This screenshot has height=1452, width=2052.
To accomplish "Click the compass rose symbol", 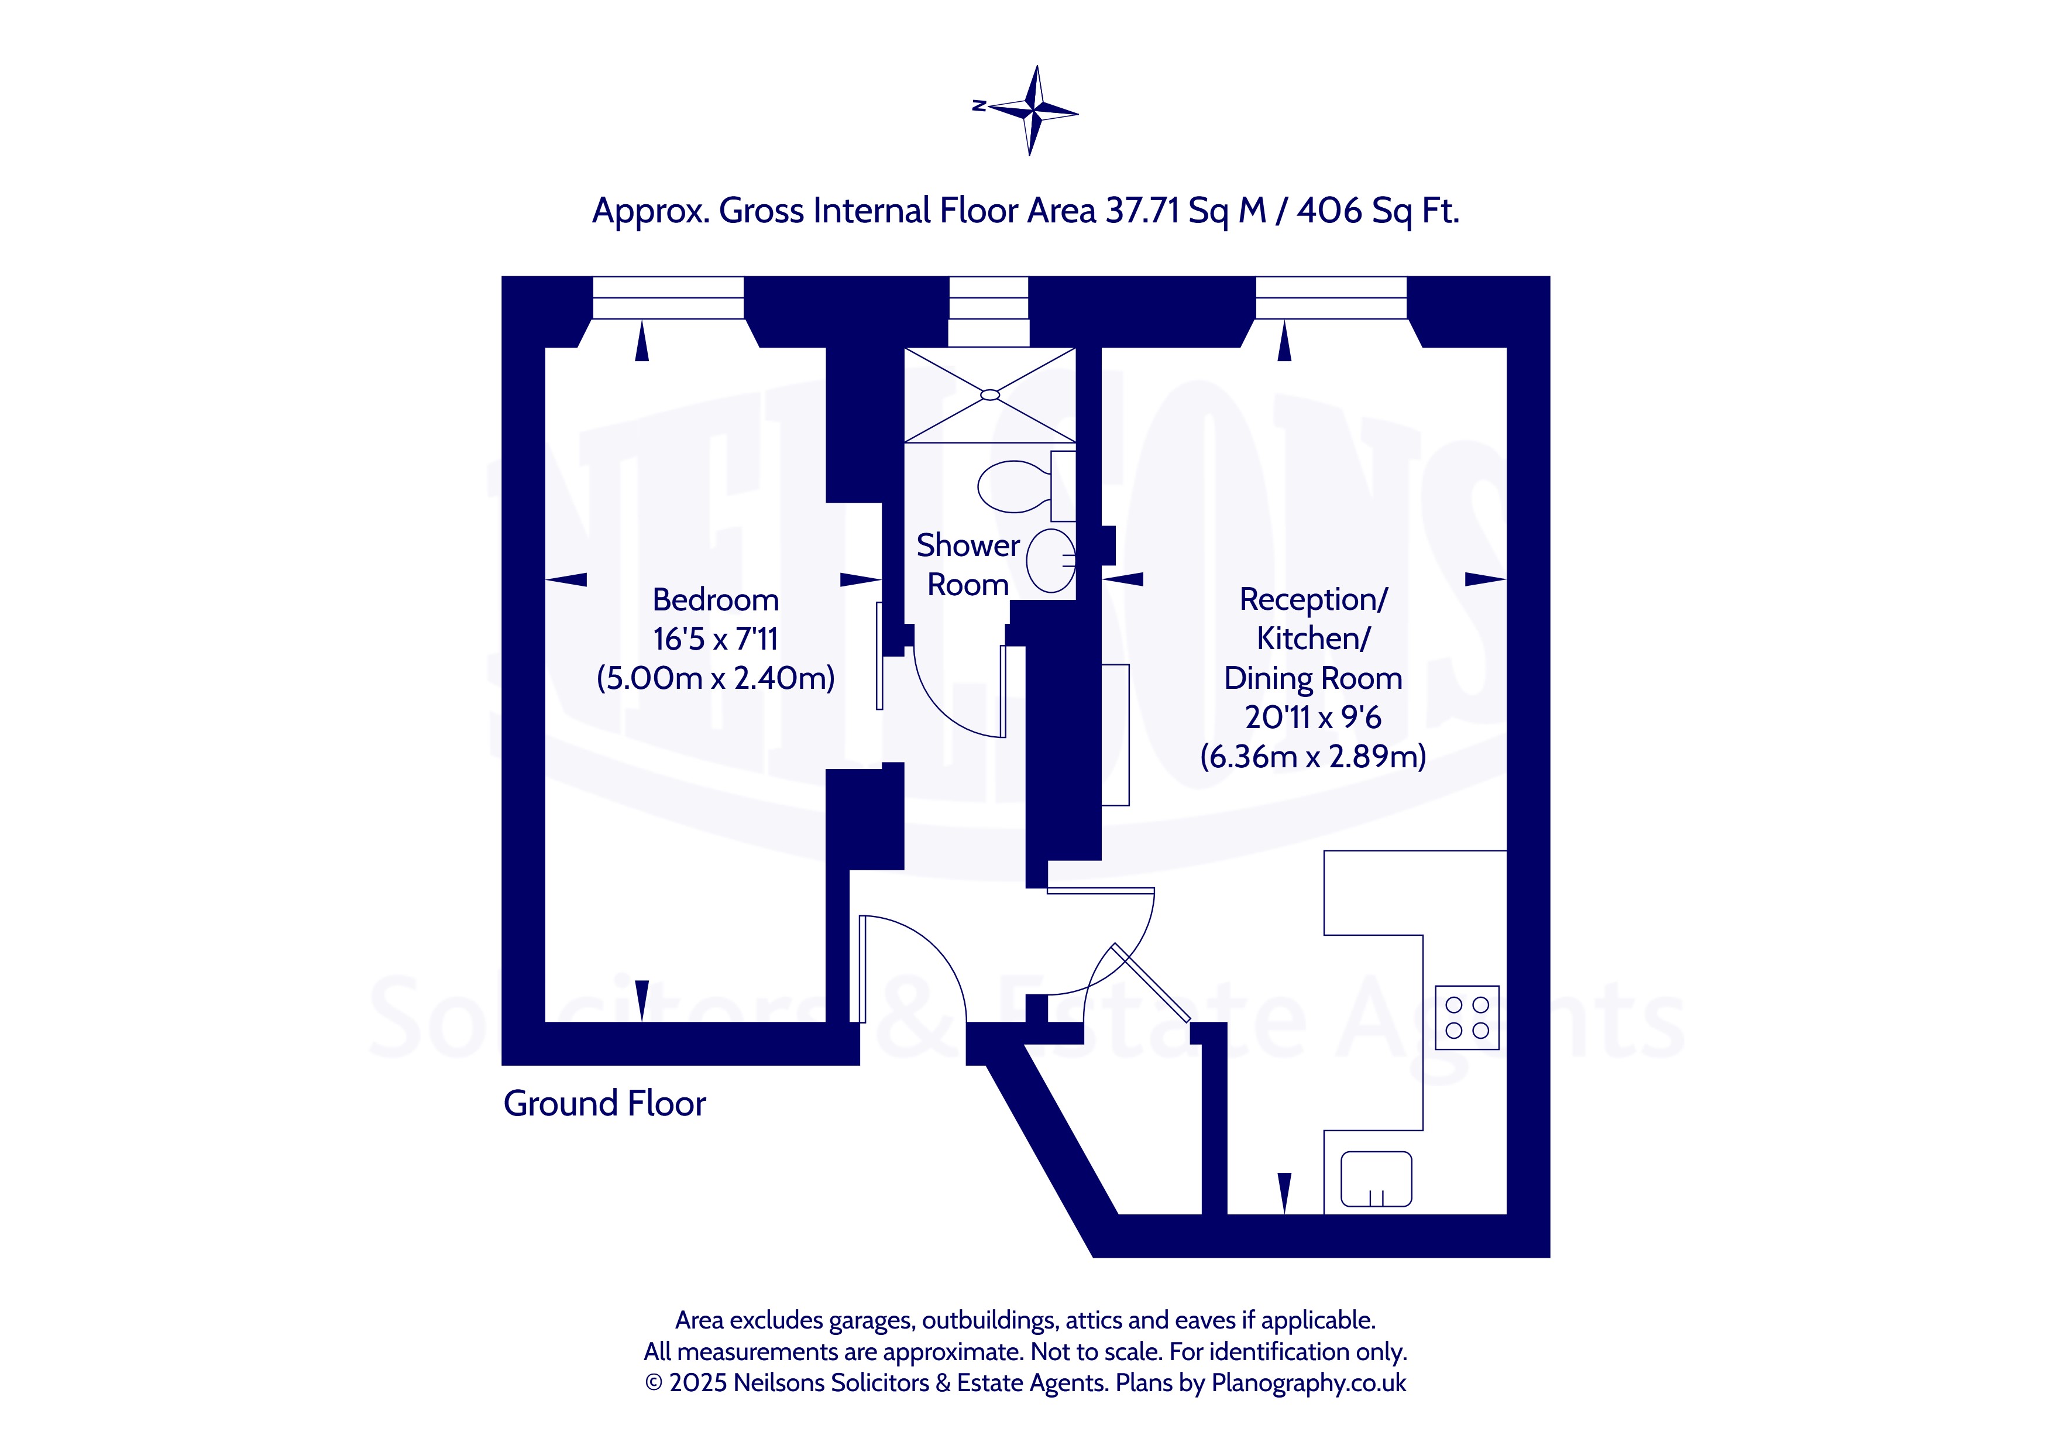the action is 1032,111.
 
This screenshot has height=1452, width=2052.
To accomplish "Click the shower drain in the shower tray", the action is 989,395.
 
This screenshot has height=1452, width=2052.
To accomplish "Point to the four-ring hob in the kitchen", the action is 1467,1018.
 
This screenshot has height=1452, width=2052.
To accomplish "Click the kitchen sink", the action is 1376,1179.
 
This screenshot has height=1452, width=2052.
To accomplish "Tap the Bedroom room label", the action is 715,600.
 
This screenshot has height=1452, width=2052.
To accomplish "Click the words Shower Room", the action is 968,565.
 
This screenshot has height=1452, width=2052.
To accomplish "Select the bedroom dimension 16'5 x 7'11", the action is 715,639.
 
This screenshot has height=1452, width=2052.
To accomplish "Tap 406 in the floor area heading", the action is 1329,211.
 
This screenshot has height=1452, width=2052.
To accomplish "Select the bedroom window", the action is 669,298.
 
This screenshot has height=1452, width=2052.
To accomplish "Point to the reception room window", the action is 1332,298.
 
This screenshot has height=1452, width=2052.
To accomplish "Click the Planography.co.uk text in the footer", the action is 1308,1383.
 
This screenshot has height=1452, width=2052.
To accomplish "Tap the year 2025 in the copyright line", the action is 698,1383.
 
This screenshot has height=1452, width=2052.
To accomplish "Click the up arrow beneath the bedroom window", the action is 642,342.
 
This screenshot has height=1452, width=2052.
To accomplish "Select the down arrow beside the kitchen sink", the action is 1284,1193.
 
